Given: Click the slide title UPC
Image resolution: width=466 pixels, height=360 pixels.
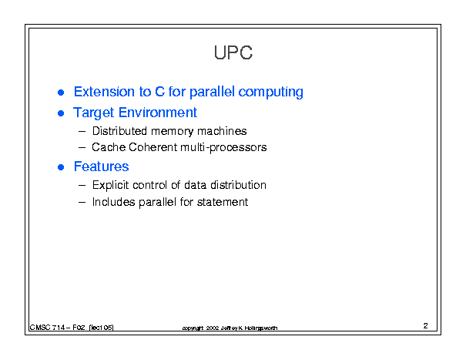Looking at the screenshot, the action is pyautogui.click(x=233, y=52).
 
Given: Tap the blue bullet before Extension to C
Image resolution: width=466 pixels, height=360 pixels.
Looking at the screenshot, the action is pyautogui.click(x=61, y=93).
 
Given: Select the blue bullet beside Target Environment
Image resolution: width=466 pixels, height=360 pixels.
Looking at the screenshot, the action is pyautogui.click(x=61, y=113).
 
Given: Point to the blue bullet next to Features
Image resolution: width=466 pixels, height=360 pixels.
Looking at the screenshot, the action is pyautogui.click(x=61, y=167).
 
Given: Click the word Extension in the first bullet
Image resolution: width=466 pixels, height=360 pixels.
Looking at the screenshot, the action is pyautogui.click(x=104, y=92).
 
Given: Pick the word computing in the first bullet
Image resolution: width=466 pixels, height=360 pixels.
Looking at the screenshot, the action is pyautogui.click(x=271, y=93).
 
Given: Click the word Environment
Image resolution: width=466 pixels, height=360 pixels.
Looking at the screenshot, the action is pyautogui.click(x=157, y=113).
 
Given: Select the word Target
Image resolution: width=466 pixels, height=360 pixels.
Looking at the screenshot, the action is pyautogui.click(x=94, y=113).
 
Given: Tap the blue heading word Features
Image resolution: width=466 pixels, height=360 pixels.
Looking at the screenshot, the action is pyautogui.click(x=102, y=167).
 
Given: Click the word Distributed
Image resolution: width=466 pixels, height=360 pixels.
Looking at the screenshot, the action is pyautogui.click(x=119, y=131).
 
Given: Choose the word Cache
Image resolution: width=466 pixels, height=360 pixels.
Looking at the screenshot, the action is pyautogui.click(x=109, y=147).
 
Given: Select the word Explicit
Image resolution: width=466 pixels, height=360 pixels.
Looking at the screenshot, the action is pyautogui.click(x=111, y=185).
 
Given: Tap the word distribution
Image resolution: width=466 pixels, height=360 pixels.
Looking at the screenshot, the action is pyautogui.click(x=238, y=185).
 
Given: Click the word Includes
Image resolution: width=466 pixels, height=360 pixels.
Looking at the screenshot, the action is pyautogui.click(x=113, y=202).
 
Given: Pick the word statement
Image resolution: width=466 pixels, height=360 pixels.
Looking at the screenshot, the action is pyautogui.click(x=223, y=202).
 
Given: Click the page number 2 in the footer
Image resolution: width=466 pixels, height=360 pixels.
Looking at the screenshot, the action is pyautogui.click(x=426, y=326).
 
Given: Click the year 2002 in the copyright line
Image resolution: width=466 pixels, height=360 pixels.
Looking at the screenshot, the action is pyautogui.click(x=213, y=328).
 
